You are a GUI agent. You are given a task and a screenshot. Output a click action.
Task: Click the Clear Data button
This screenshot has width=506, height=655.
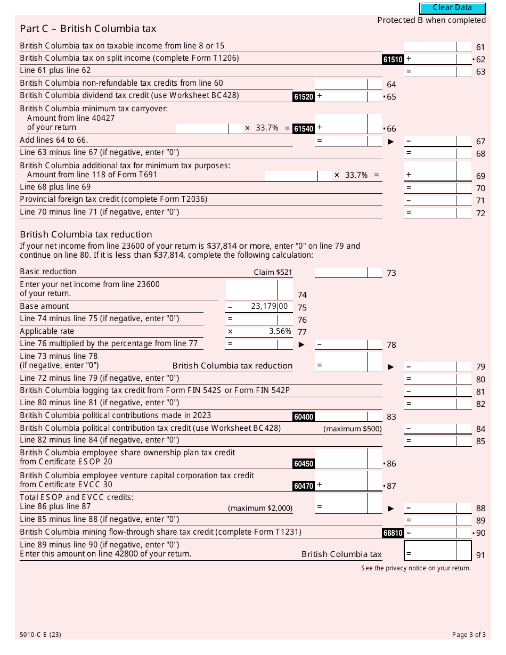point(452,8)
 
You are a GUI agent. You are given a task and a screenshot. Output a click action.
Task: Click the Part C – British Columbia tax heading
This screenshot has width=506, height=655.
point(88,29)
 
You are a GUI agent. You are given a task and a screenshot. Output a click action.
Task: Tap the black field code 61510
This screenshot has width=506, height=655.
point(393,60)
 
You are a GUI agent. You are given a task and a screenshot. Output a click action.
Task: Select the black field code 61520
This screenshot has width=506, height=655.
point(303,97)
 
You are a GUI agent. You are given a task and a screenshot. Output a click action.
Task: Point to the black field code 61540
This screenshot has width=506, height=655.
point(303,129)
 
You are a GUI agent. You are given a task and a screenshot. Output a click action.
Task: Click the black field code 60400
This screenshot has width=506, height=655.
point(303,417)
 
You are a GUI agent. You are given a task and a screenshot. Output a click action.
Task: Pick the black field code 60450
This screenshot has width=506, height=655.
point(303,464)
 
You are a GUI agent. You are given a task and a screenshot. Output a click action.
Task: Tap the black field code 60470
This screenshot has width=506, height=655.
point(303,486)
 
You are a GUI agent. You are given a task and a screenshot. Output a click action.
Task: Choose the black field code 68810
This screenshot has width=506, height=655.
point(393,533)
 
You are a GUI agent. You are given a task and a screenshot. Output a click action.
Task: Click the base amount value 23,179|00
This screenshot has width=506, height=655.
point(269,306)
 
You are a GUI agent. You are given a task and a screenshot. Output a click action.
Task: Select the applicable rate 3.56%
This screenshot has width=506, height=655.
point(280,331)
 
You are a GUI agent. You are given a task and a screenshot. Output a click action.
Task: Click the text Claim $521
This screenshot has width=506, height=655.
point(273,272)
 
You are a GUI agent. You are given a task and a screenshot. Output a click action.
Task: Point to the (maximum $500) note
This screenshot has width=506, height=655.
point(353,429)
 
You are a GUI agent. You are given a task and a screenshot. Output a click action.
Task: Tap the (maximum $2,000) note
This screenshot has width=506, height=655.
point(260,508)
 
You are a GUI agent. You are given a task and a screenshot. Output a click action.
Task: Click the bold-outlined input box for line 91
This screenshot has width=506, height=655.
point(438,551)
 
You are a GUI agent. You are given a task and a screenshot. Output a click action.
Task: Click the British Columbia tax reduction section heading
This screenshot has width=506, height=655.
point(86,234)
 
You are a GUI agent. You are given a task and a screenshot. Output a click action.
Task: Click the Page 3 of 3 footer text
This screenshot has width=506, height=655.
point(469,634)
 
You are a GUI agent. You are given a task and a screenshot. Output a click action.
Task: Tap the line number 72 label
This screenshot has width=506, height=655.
point(480,214)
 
